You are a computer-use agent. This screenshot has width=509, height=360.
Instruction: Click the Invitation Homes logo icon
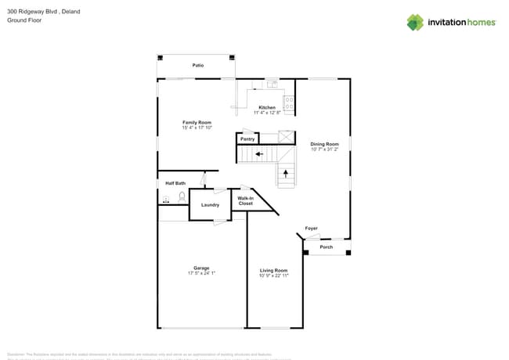415,22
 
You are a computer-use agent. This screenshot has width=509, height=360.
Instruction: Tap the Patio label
198,65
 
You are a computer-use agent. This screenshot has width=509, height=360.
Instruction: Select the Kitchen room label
267,107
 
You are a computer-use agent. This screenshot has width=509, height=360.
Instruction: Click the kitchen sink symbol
271,83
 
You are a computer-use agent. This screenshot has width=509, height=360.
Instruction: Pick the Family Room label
197,122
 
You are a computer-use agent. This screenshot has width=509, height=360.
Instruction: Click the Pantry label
247,139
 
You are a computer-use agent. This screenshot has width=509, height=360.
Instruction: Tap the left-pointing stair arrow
258,155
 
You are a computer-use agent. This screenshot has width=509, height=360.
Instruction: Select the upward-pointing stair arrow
285,173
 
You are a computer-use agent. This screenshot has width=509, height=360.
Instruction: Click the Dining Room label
324,144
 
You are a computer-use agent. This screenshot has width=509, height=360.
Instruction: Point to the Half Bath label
175,183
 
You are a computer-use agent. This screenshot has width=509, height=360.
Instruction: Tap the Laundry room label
210,205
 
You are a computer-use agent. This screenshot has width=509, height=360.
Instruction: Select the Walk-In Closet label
246,201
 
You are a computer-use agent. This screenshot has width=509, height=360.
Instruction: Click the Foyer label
311,229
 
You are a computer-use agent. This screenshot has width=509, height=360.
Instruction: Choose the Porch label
327,247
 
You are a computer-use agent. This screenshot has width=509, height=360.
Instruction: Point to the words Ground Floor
25,20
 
